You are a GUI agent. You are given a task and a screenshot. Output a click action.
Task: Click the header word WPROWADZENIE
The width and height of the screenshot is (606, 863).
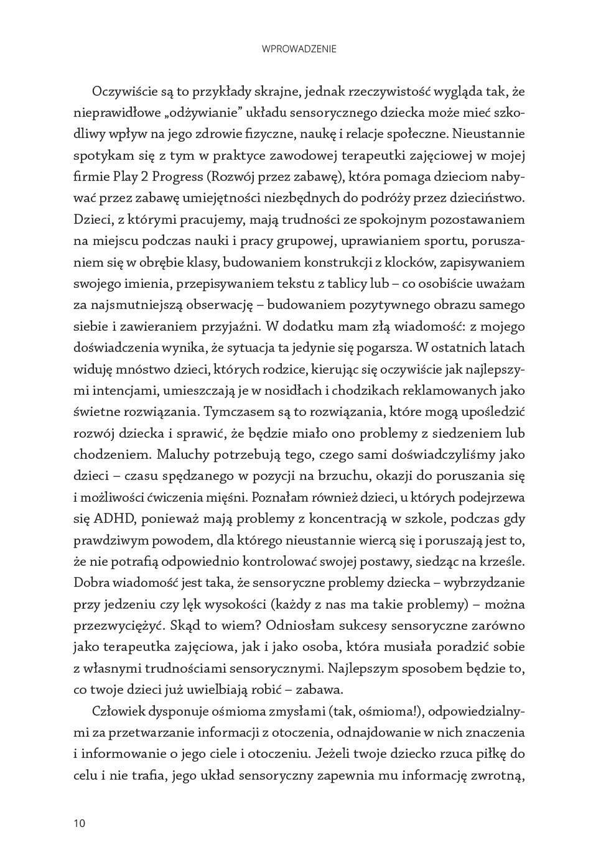[299, 48]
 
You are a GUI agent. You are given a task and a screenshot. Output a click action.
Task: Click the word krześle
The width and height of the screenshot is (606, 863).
[502, 561]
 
